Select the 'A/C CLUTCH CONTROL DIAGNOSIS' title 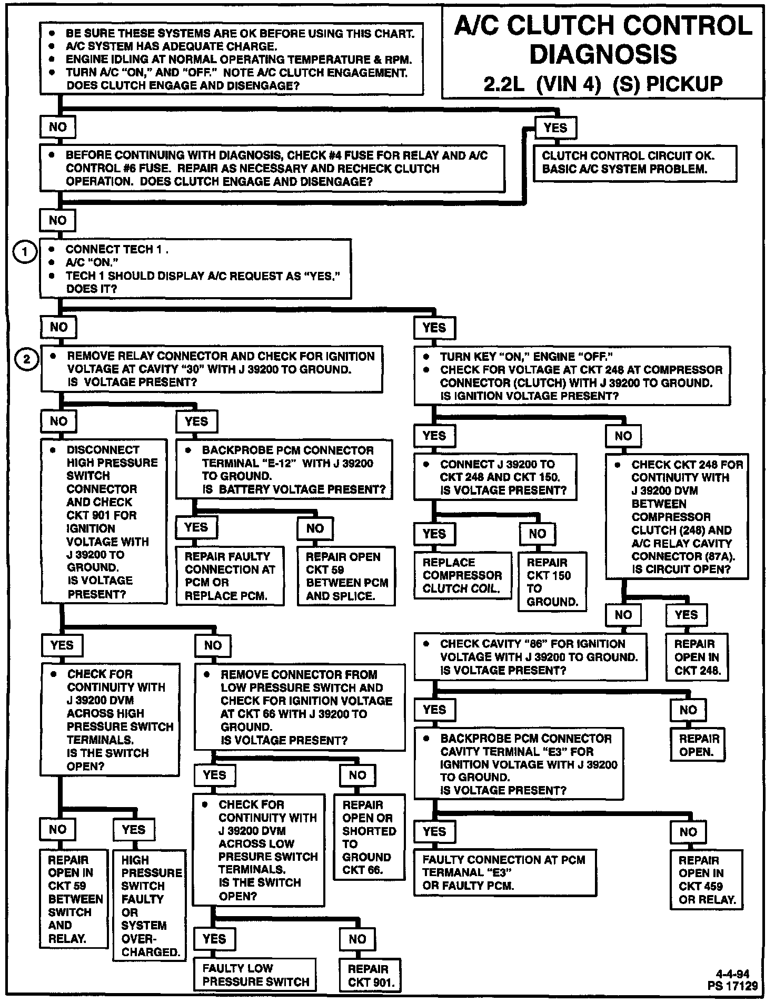tap(603, 40)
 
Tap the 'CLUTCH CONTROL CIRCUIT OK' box tap(634, 163)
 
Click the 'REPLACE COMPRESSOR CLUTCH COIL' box tap(462, 575)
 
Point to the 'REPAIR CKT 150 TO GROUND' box tap(552, 582)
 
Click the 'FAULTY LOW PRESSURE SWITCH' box tap(255, 975)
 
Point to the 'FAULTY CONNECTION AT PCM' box tap(505, 872)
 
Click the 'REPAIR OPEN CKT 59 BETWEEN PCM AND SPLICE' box tap(346, 576)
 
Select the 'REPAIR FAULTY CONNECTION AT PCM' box tap(229, 576)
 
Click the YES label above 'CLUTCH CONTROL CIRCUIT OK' tap(555, 127)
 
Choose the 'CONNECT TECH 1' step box tap(195, 269)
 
